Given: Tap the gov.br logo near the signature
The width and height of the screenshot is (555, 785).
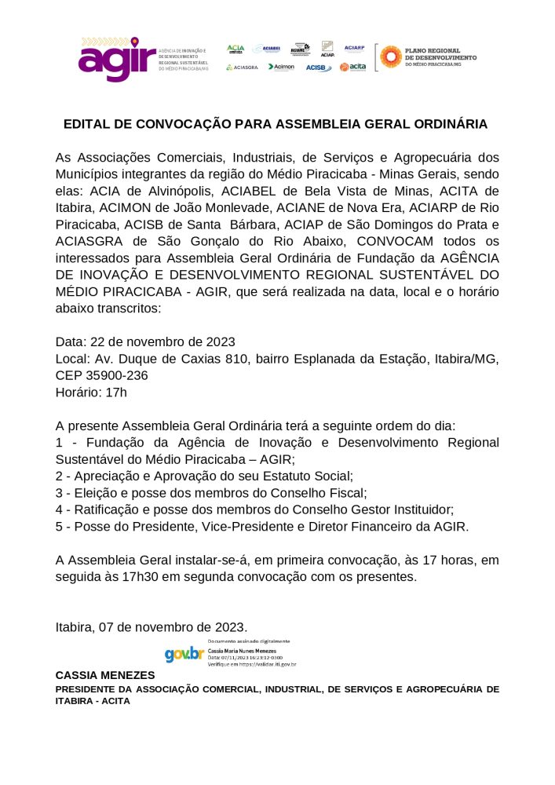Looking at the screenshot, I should point(184,654).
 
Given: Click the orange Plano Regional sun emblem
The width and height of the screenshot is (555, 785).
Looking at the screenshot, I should point(390,57).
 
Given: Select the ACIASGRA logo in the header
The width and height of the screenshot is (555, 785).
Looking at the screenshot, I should point(242,68).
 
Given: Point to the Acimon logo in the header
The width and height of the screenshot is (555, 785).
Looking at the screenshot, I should point(281,68).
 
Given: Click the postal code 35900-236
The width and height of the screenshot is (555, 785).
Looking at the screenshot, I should point(111,375).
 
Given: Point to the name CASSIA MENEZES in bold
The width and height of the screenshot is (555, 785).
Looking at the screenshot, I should point(105,675).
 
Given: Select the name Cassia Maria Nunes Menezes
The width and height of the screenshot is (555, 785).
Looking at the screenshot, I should point(240,651).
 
